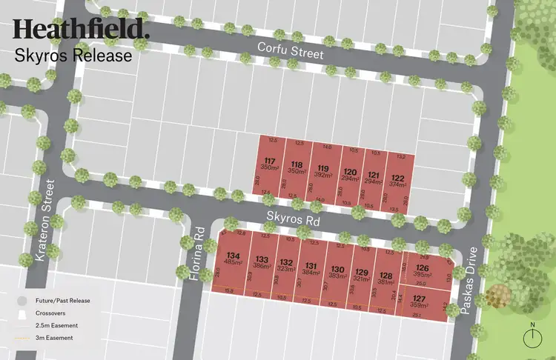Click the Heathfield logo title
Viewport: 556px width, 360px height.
[x=81, y=29]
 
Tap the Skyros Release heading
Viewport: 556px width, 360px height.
[x=73, y=55]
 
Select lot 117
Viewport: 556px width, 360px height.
[x=270, y=165]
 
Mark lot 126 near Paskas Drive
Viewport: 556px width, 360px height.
[x=423, y=271]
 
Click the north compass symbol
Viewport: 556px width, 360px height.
[x=532, y=337]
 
